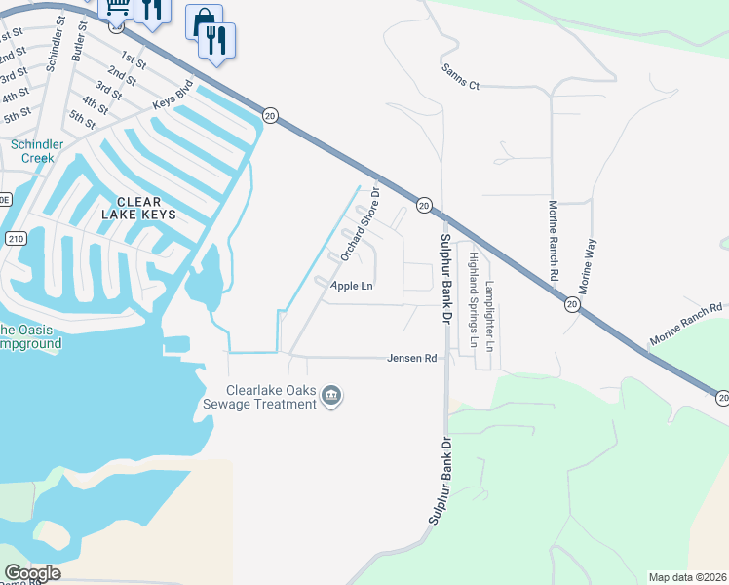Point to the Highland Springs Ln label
[473, 299]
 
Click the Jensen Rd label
[411, 358]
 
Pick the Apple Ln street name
[352, 286]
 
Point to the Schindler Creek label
[38, 151]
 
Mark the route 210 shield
[14, 238]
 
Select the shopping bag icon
[203, 21]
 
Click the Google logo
[32, 573]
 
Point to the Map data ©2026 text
[687, 577]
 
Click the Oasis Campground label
[29, 336]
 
